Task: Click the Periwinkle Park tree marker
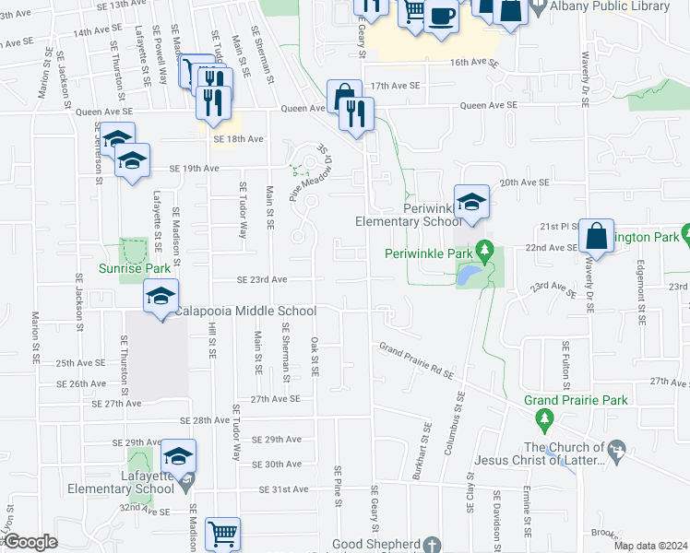pyautogui.click(x=484, y=251)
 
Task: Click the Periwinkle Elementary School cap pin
pyautogui.click(x=471, y=202)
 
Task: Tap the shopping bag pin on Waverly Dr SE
pyautogui.click(x=597, y=236)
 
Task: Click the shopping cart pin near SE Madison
pyautogui.click(x=222, y=533)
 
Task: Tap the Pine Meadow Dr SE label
pyautogui.click(x=310, y=172)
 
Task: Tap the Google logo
pyautogui.click(x=30, y=542)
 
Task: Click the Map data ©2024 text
pyautogui.click(x=649, y=546)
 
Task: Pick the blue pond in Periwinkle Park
pyautogui.click(x=468, y=275)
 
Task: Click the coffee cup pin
pyautogui.click(x=441, y=16)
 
